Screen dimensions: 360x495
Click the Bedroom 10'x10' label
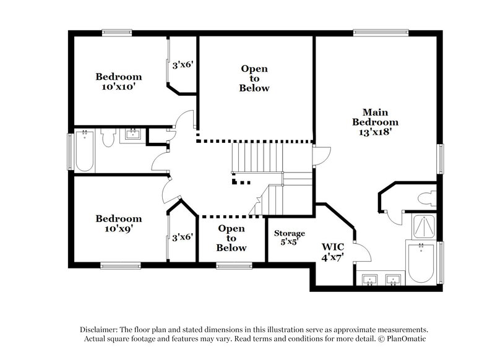(118, 82)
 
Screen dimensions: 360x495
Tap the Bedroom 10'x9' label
(118, 223)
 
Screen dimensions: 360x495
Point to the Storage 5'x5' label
(290, 238)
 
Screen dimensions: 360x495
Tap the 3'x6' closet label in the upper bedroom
(183, 64)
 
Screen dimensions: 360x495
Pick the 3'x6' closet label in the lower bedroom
(183, 236)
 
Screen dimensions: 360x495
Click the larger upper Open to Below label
(255, 79)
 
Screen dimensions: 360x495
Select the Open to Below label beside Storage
(231, 238)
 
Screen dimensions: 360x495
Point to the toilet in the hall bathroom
(108, 139)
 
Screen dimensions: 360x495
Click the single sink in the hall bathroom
(132, 134)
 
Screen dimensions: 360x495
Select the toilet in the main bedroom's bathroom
(428, 199)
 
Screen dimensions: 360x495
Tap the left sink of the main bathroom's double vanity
(370, 280)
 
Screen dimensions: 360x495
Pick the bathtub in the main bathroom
(421, 264)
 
